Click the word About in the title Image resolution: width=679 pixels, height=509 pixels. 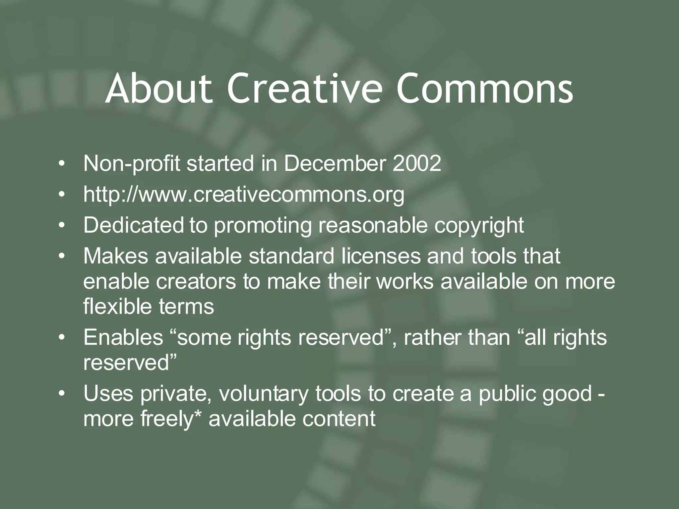(158, 88)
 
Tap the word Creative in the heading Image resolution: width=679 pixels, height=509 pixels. (302, 88)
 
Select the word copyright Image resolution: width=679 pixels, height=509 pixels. (479, 226)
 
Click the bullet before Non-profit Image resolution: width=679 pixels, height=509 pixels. (61, 164)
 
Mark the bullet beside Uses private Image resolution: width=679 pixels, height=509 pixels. (61, 394)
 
